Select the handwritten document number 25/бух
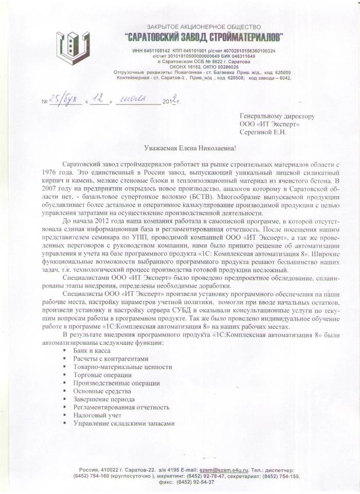point(66,102)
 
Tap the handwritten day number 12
point(100,100)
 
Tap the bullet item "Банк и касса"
point(92,350)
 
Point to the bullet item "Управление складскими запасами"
point(124,423)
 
